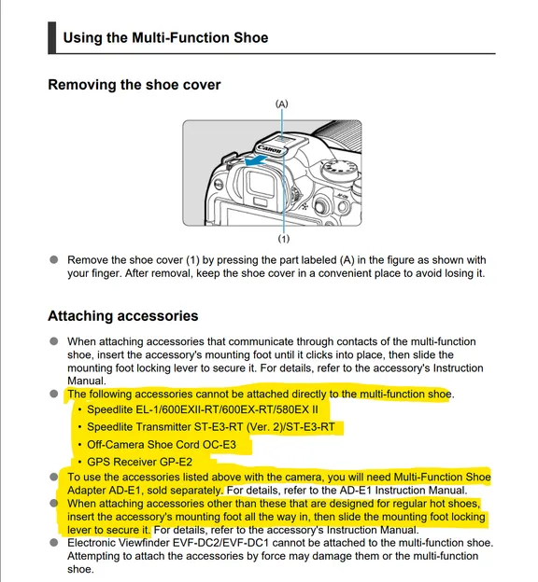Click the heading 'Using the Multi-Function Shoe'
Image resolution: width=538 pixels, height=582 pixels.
(165, 37)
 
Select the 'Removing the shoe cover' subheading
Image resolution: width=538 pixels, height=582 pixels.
(134, 85)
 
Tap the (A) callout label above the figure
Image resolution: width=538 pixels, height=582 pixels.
(281, 104)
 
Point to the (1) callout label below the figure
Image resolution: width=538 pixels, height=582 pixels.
(284, 239)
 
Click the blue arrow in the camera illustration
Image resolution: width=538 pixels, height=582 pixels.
(255, 161)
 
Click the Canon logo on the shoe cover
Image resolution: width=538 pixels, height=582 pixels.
(270, 149)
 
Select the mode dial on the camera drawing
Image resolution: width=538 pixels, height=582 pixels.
(339, 169)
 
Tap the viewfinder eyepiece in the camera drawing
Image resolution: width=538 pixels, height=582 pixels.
(262, 185)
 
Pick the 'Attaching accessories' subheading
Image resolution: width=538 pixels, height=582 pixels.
(123, 316)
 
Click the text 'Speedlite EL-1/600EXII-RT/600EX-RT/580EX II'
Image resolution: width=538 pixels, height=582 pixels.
(203, 409)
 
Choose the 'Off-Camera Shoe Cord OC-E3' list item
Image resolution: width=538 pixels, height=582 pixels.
(162, 444)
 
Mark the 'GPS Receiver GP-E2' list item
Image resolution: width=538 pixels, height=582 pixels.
(140, 462)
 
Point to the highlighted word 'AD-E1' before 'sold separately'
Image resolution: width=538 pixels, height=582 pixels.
(125, 491)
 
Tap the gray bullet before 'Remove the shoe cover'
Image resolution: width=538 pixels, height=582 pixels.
(54, 259)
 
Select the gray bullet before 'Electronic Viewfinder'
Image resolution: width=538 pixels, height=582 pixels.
(54, 542)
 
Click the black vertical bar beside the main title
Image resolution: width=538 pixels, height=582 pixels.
(52, 37)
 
